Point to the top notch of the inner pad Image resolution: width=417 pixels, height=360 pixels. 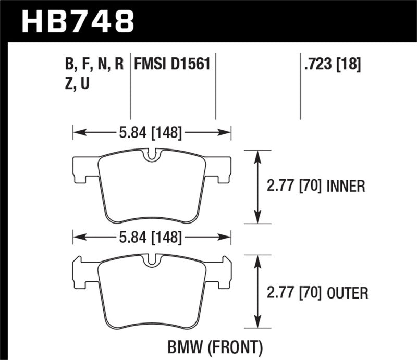151,155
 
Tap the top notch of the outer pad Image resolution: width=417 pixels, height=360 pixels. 151,260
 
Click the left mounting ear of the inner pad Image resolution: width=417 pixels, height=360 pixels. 84,170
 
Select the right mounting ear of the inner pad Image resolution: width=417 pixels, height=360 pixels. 218,170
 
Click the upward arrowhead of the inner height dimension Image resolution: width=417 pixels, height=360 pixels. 257,155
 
